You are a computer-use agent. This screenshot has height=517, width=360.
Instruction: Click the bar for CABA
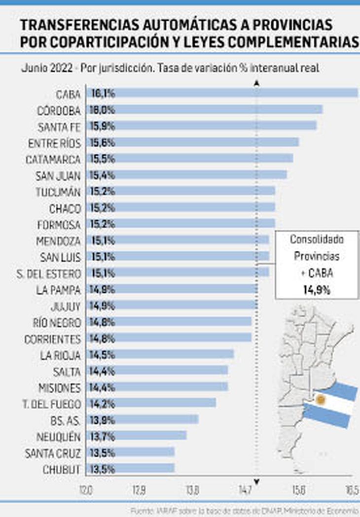coord(222,93)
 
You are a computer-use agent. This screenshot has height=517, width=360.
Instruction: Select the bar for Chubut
coord(131,468)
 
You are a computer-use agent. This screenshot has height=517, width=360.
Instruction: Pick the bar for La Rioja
coord(160,354)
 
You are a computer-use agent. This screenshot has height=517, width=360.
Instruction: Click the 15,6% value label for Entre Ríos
coord(102,142)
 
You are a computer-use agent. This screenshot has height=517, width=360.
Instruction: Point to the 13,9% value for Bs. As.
coord(102,419)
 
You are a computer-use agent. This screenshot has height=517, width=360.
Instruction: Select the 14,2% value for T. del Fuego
coord(102,403)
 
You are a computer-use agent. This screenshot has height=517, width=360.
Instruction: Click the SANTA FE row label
coord(59,127)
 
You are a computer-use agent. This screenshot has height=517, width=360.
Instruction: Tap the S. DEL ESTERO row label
coord(48,273)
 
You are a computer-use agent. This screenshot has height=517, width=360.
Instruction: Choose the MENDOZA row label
coord(58,241)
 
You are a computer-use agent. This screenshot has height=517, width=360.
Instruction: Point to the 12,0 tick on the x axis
coord(86,490)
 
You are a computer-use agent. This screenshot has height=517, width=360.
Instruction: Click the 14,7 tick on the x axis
coord(245,490)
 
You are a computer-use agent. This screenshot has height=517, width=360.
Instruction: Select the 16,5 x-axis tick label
coord(352,490)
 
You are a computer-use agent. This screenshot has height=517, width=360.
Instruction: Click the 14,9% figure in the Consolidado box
coord(317,290)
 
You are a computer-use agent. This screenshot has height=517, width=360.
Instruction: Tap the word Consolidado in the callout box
coord(317,240)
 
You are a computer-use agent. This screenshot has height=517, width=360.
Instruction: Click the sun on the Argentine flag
coord(321,399)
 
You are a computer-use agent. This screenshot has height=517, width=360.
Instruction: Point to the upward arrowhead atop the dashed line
coord(256,84)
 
